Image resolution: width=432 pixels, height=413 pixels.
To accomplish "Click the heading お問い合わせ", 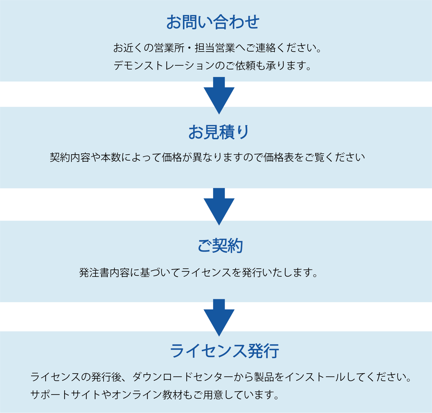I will coord(213,22).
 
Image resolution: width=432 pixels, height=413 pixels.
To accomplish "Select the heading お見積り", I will coord(219,132).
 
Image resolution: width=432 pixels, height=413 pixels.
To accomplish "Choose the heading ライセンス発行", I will coord(224,351).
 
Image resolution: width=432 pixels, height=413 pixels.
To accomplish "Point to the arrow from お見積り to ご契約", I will coord(219,206).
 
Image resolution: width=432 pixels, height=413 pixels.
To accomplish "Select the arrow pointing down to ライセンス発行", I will coord(219,317).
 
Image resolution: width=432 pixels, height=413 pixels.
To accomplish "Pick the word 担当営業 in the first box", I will coord(215,48).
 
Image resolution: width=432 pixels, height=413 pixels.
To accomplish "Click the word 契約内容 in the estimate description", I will coord(70,157).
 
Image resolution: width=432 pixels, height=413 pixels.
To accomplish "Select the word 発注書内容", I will coord(105,273).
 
